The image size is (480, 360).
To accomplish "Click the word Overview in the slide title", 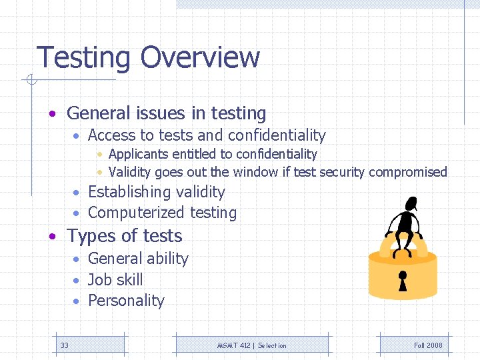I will [x=200, y=57].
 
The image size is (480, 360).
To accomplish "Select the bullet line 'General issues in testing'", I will [x=166, y=114].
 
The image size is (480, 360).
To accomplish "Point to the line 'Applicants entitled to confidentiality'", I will [x=213, y=154].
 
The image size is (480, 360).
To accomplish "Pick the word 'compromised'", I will [x=407, y=172].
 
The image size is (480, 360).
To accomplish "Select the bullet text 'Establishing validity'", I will [x=156, y=192].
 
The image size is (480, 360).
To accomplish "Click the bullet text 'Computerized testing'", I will [x=162, y=213].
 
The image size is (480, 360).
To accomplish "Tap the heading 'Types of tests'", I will [x=124, y=236].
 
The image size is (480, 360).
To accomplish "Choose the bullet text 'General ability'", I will [x=138, y=259].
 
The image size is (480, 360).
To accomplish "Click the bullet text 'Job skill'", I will [x=115, y=280].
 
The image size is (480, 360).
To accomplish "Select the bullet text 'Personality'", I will [x=126, y=301].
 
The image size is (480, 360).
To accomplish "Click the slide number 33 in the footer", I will [x=65, y=345].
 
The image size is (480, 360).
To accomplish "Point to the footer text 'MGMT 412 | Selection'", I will [x=252, y=345].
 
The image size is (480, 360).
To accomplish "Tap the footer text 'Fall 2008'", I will [x=428, y=345].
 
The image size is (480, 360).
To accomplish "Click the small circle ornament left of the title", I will [x=29, y=81].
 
